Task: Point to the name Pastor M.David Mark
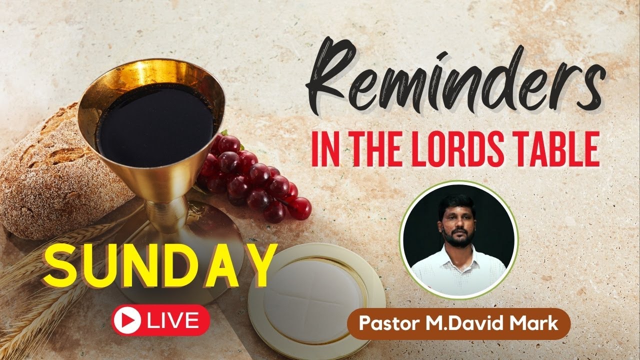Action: coord(458,323)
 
